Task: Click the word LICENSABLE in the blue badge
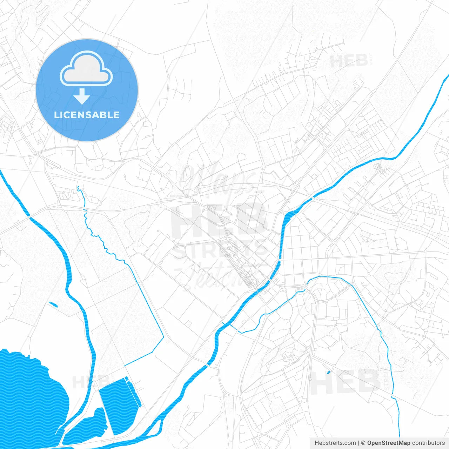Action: [x=87, y=115]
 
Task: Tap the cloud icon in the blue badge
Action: [x=86, y=68]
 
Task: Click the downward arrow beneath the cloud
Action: [x=82, y=96]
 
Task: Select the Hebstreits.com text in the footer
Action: [x=335, y=443]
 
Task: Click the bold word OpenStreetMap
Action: [x=388, y=443]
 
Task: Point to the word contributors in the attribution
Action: [x=428, y=443]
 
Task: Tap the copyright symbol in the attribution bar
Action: [x=363, y=443]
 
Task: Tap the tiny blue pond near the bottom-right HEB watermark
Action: [x=328, y=372]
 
